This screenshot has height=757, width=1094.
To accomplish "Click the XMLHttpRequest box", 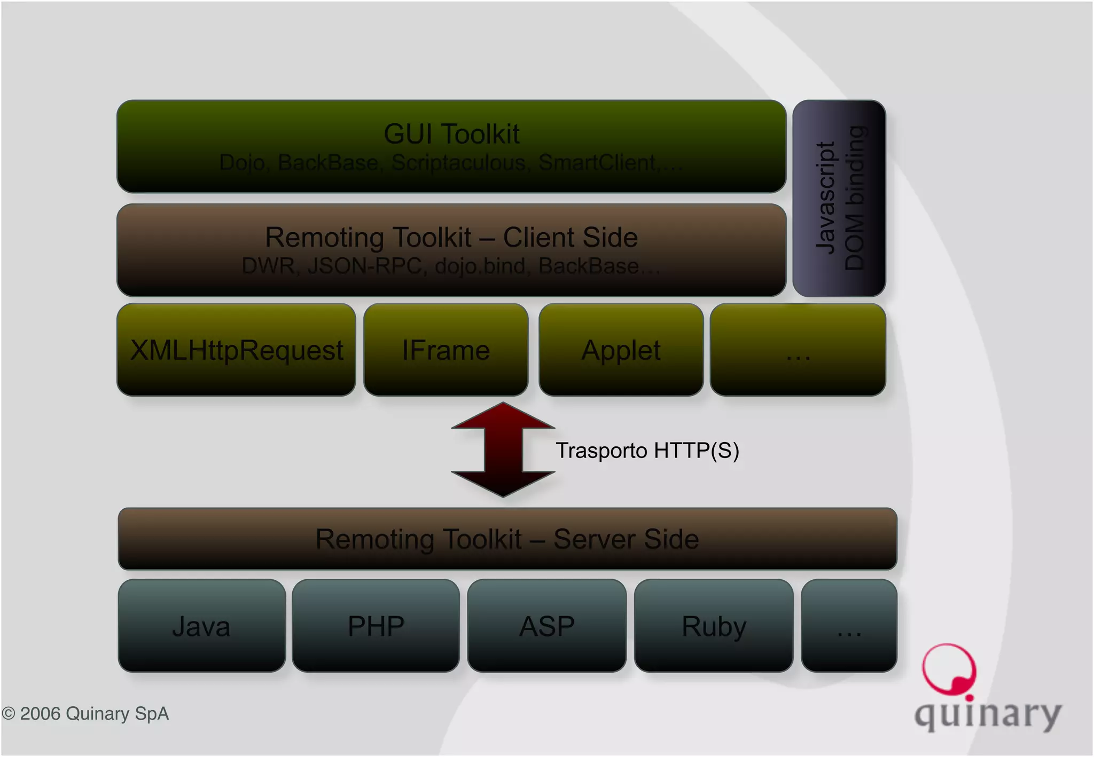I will [236, 350].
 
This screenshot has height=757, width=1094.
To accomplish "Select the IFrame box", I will [446, 350].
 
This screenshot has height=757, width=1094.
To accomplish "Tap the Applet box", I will [621, 350].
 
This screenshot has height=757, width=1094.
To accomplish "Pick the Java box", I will [201, 626].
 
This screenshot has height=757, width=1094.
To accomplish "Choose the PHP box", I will [376, 626].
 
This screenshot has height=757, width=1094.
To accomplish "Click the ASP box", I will [546, 626].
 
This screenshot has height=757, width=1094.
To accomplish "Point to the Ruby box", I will [714, 626].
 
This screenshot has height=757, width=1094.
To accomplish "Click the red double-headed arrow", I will [503, 450].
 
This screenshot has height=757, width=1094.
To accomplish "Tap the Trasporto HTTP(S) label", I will [647, 451].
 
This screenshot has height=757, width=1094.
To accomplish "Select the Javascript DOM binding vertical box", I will [839, 198].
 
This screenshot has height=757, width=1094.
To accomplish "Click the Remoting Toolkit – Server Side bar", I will [507, 539].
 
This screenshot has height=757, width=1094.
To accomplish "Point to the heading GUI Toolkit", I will [451, 133].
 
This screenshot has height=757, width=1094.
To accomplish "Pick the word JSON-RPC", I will [365, 266].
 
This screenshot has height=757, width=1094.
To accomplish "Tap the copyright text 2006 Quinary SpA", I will [85, 714].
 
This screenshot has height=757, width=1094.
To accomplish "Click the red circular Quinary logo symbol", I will [949, 669].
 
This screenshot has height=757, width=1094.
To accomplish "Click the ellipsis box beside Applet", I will [798, 350].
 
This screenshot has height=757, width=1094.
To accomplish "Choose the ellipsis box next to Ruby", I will [849, 626].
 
